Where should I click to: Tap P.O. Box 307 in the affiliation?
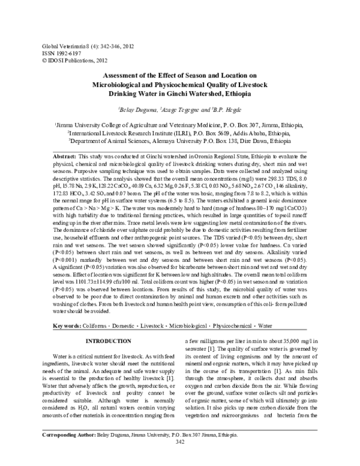231,124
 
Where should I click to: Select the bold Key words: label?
66,325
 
